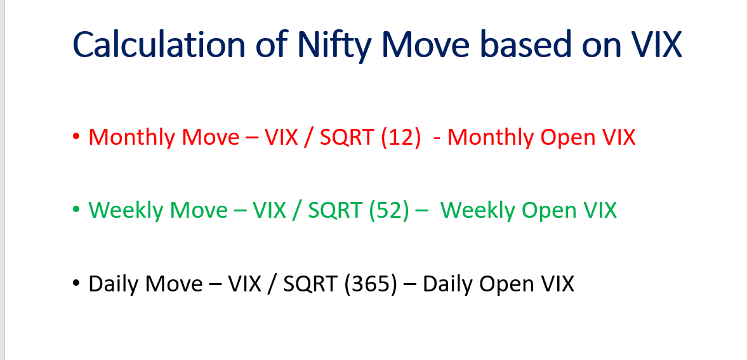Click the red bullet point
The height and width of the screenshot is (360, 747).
(76, 137)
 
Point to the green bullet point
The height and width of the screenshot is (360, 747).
(76, 210)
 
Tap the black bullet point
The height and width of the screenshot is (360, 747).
(76, 283)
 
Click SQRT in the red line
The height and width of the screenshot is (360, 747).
(346, 137)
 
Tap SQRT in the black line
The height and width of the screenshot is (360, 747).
(310, 284)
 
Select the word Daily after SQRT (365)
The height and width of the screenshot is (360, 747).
(448, 284)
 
